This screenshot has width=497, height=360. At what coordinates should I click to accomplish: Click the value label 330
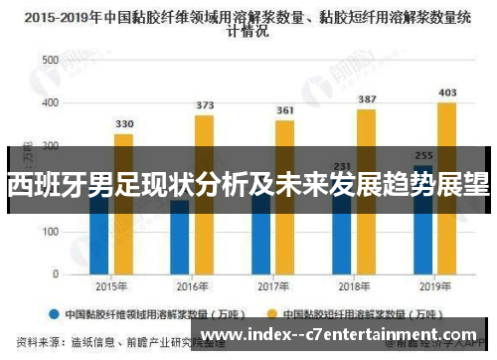pos(124,124)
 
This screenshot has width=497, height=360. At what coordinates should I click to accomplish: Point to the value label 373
pos(205,105)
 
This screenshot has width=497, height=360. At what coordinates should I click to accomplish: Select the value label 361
pos(285,110)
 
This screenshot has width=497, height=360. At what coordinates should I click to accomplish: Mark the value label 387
pos(367,99)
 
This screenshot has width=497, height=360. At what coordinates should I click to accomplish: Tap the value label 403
pos(447,92)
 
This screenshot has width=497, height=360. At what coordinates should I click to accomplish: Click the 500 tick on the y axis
pos(49,60)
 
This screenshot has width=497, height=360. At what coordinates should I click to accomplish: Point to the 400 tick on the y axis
pos(49,102)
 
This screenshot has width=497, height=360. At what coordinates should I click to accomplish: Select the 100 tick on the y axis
pos(49,231)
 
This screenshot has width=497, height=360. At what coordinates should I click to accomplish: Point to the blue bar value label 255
pos(423,156)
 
